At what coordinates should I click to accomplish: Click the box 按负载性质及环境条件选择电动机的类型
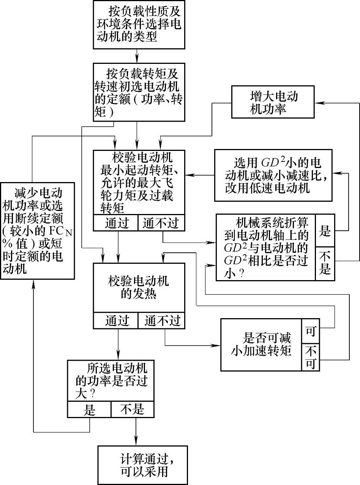(139, 24)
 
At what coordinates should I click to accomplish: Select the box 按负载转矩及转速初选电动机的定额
(139, 93)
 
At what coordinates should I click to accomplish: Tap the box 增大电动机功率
(273, 102)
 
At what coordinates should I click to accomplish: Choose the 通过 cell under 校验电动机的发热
(116, 321)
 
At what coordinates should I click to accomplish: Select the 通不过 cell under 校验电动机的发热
(161, 321)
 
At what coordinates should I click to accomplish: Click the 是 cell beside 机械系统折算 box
(325, 231)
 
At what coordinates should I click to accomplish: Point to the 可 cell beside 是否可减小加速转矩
(311, 331)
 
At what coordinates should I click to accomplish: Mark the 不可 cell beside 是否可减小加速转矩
(311, 357)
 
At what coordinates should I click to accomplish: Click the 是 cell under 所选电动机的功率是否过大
(89, 409)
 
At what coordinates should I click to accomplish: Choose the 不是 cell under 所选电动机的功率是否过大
(133, 409)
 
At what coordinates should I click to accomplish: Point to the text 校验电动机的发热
(139, 288)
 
